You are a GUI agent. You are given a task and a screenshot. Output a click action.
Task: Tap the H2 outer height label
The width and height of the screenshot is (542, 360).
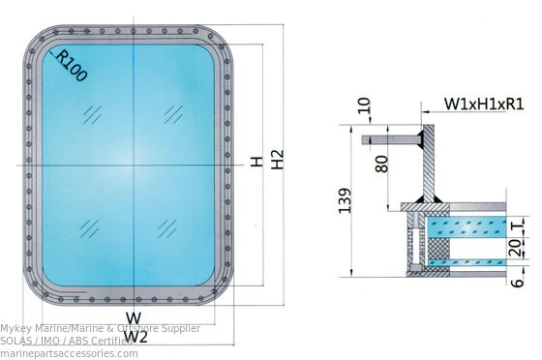(278, 161)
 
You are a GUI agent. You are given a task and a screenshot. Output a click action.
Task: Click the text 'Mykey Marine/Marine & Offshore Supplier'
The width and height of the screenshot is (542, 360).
(101, 329)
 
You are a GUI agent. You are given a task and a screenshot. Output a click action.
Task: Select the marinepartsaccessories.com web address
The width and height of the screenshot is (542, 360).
(70, 353)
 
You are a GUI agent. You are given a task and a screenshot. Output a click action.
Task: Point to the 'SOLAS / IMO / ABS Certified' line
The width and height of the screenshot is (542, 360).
(66, 341)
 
